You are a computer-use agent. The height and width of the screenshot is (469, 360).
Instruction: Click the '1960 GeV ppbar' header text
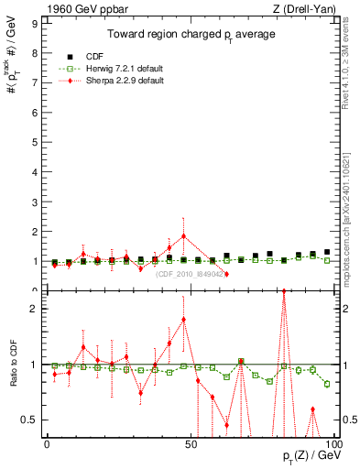coord(80,8)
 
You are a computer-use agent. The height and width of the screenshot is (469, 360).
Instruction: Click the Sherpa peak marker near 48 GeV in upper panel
coord(184,235)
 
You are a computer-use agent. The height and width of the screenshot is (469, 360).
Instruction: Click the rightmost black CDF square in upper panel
coord(327,252)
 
